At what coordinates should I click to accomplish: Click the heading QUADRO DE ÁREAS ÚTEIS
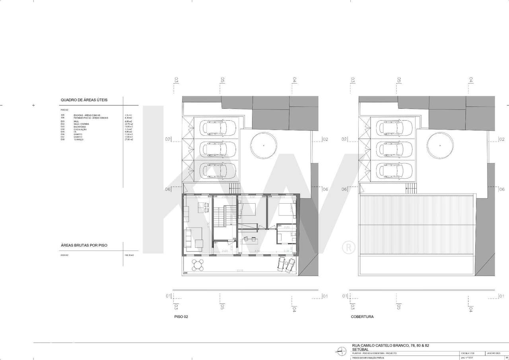[x=84, y=100]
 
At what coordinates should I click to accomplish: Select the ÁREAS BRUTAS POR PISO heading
[x=84, y=245]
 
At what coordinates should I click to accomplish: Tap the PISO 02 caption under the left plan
[x=181, y=317]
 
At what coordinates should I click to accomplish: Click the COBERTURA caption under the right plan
[x=362, y=317]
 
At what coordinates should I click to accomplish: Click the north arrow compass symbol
[x=341, y=350]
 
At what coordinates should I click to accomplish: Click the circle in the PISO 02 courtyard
[x=263, y=146]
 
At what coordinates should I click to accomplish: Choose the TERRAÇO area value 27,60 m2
[x=128, y=140]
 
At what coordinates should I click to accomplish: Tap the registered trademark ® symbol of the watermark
[x=348, y=248]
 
